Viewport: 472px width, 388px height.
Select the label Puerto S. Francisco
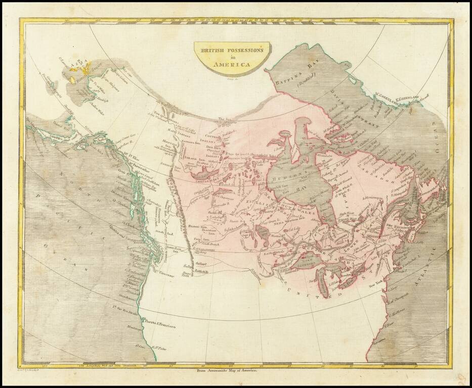click(x=160, y=327)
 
